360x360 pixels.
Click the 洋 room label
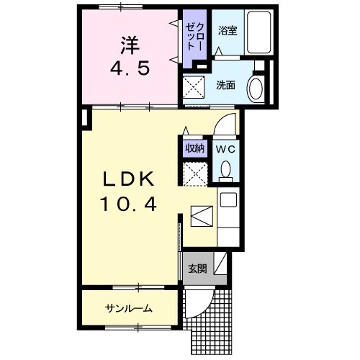coord(129,45)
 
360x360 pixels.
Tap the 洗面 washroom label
coord(226,85)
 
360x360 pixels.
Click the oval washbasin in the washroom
coord(256,89)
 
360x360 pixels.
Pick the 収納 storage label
coord(195,149)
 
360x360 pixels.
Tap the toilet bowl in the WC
coord(225,171)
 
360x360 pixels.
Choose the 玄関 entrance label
coord(197,269)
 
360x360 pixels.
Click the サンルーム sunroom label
coord(129,308)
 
